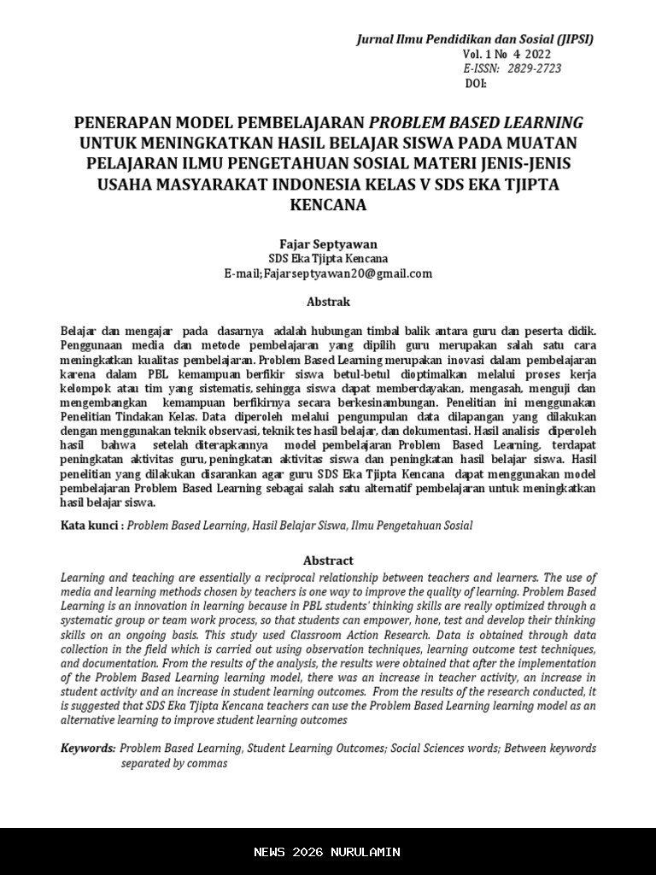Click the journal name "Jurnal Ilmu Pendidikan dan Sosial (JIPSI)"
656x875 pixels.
coord(474,39)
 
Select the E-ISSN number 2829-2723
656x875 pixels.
coord(535,68)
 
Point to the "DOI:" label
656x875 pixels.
coord(475,83)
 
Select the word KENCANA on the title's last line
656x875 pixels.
coord(328,205)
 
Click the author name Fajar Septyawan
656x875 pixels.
coord(328,244)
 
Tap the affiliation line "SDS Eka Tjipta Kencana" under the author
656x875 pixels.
coord(328,258)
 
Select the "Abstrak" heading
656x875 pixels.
coord(328,302)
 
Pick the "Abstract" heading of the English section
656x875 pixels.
coord(328,561)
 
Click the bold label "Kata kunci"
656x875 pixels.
coord(90,526)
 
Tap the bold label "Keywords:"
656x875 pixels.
coord(88,748)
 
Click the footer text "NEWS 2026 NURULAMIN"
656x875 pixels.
coord(328,852)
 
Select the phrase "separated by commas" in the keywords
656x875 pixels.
coord(174,763)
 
